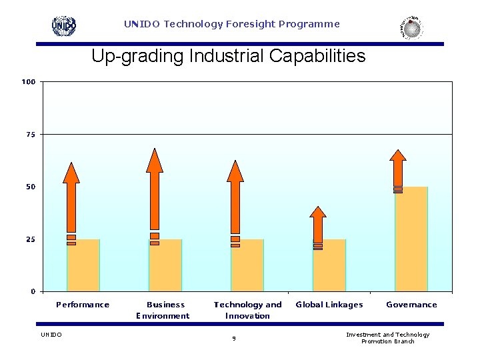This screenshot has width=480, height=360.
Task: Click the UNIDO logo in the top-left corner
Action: pos(64,25)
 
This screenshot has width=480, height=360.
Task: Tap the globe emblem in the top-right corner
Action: pos(412,27)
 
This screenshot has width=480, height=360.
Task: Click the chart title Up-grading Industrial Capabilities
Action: pos(228,56)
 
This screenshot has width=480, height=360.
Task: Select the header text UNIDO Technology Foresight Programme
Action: pos(231,24)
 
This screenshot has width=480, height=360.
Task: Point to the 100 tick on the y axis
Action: pos(29,82)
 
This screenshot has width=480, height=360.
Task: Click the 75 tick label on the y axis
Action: pos(31,135)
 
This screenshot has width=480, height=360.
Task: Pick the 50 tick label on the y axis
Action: pos(31,187)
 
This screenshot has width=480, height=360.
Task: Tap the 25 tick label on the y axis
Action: pos(31,239)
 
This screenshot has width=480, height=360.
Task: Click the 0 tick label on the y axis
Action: pos(33,291)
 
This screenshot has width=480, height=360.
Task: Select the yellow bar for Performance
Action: pos(83,267)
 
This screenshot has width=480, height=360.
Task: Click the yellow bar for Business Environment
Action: pos(165,267)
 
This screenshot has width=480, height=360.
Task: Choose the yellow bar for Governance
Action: pos(411,240)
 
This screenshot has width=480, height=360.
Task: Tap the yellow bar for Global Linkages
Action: pos(329,267)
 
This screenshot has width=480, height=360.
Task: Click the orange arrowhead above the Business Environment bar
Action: pos(155,160)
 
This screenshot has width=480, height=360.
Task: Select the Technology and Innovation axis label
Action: pos(247,310)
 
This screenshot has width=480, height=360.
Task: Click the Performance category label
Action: pos(83,305)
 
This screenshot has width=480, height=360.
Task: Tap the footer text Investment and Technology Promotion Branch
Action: pos(387,338)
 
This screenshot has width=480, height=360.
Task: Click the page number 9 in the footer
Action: pos(234,338)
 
